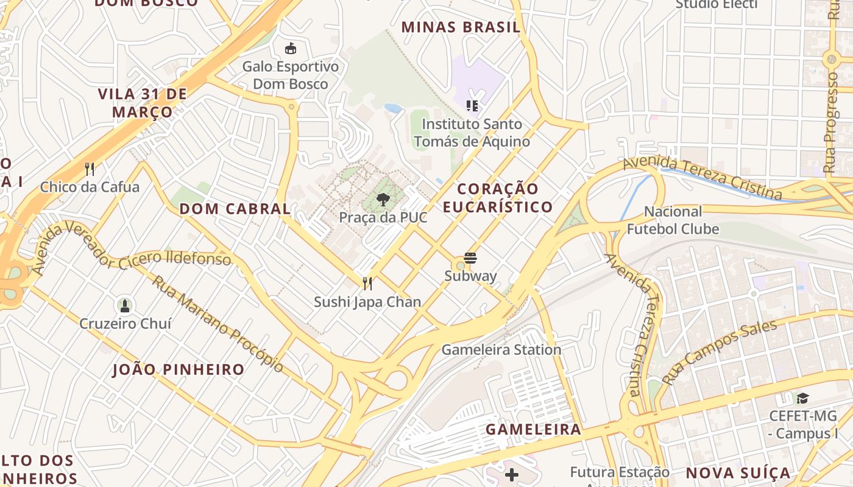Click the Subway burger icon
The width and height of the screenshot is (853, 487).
[470, 258]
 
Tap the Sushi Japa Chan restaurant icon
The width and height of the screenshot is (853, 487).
[367, 284]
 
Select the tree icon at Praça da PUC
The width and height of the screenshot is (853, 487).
[383, 199]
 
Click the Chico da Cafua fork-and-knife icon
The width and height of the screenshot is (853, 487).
[90, 169]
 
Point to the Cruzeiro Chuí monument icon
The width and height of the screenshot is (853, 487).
[125, 305]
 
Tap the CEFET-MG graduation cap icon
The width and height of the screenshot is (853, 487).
[802, 399]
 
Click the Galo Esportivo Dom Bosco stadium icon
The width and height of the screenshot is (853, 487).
[291, 49]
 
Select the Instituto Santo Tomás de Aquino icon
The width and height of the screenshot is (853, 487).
[472, 106]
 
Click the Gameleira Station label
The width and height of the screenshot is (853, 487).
[501, 350]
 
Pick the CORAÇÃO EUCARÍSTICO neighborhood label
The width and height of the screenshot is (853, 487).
[498, 198]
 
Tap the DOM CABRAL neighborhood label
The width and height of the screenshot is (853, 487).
[235, 209]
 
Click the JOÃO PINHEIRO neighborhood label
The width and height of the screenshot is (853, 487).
[179, 370]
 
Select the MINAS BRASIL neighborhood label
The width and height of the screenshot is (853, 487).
[461, 27]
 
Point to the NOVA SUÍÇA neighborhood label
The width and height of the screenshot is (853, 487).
[738, 473]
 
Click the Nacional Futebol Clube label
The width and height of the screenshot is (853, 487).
[673, 220]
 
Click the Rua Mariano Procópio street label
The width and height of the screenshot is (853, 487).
[218, 324]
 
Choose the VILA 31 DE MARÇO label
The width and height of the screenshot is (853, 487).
[142, 103]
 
